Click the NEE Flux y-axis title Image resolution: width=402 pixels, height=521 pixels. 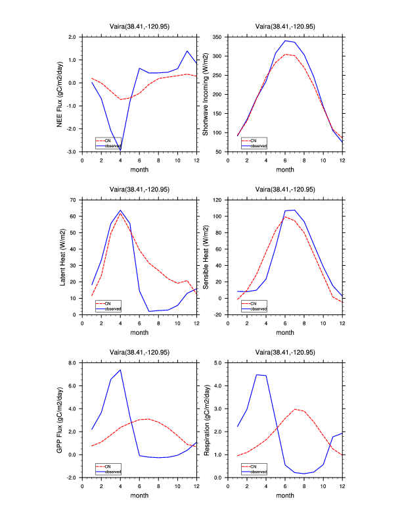(60, 93)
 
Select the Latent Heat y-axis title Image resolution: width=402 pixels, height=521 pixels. (63, 257)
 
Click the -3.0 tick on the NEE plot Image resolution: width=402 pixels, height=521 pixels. (72, 152)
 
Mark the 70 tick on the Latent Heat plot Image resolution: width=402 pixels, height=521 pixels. (74, 199)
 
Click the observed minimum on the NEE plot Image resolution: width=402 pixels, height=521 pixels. (120, 151)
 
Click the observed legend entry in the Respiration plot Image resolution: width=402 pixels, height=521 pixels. (258, 471)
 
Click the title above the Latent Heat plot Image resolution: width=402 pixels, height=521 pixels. (139, 189)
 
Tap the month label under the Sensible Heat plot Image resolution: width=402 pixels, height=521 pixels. (284, 332)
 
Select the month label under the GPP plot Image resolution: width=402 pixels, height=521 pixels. (139, 495)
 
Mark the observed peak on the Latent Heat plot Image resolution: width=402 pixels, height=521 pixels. (120, 211)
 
